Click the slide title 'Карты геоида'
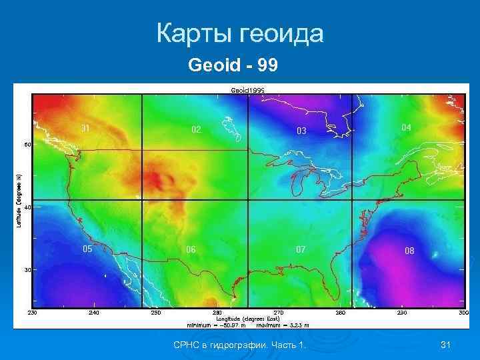coord(240,33)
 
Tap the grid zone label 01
coord(86,127)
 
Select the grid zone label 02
coord(196,129)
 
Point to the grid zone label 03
coord(302,131)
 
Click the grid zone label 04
coord(406,127)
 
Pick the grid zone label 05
coord(87,249)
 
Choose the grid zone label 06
coord(191,249)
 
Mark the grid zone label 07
coord(301,249)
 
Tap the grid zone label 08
coord(409,251)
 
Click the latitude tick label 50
coord(28,144)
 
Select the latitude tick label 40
coord(28,207)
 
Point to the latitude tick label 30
coord(28,270)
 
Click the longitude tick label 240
coord(93,313)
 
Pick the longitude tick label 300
coord(463,313)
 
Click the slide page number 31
coord(446,344)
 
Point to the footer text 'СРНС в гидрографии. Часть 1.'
coord(239,344)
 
